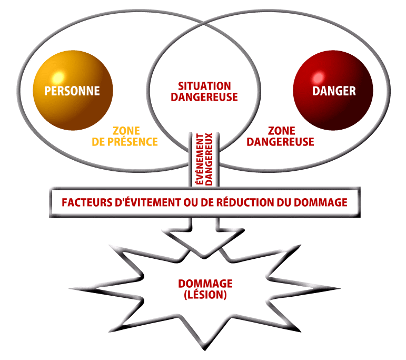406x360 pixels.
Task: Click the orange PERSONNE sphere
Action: [72, 105]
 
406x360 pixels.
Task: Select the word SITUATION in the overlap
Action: [204, 86]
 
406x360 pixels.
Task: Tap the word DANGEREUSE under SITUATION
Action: [204, 98]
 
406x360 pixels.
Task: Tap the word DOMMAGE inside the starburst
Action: [205, 284]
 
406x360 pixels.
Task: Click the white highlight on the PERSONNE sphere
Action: [59, 75]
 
